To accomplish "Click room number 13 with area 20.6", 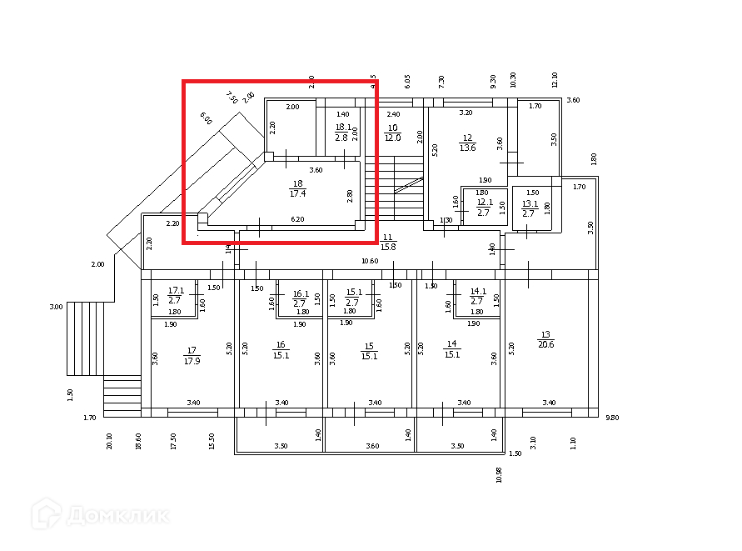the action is [x=546, y=338].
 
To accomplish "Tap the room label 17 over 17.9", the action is [x=192, y=356].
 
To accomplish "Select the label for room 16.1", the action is [x=301, y=298].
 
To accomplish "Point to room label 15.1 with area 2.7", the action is [x=352, y=298].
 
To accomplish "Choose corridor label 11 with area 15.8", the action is [x=388, y=242].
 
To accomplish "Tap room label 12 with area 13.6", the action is [x=467, y=143].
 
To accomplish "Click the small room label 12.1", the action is [x=485, y=205].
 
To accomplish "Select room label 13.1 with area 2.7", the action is [x=530, y=208].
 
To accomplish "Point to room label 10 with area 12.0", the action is [x=392, y=133].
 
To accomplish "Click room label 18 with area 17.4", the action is [x=297, y=188].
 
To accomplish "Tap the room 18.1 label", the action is [x=342, y=132].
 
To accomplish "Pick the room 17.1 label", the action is [x=175, y=295].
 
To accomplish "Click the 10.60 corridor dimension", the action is [x=371, y=261].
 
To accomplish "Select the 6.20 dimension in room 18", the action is [x=297, y=219].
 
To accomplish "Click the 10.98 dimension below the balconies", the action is [x=499, y=475].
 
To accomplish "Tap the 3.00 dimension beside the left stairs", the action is [x=56, y=307].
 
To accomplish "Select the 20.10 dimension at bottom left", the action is [x=109, y=440].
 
